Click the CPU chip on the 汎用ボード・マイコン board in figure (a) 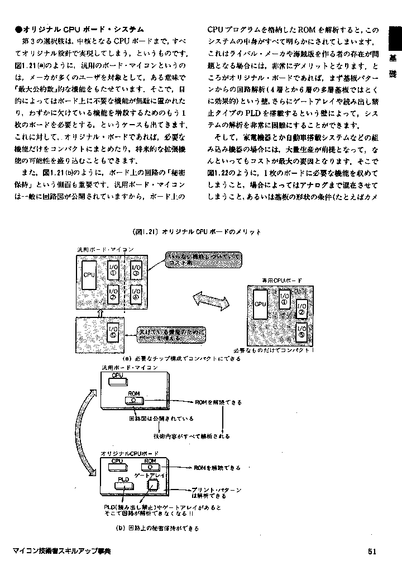[89, 275]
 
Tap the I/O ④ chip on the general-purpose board [136, 293]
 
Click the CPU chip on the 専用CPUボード [260, 304]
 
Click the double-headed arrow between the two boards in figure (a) [211, 300]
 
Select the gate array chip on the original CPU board [152, 485]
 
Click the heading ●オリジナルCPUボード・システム [80, 29]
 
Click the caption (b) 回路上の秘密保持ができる [157, 528]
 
